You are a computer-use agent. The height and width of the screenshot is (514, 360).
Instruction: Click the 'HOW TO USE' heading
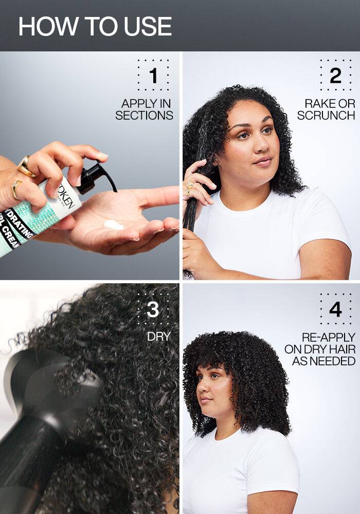(x=95, y=26)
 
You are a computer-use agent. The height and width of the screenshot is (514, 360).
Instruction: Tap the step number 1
(x=153, y=76)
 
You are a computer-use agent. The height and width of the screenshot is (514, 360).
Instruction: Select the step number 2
(x=335, y=76)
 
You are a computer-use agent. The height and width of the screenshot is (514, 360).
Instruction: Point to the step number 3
(x=153, y=310)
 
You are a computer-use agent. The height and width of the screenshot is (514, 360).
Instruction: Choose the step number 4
(x=335, y=310)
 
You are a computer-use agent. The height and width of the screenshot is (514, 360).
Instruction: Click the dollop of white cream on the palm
(x=113, y=225)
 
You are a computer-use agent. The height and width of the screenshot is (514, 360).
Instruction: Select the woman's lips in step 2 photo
(x=262, y=161)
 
